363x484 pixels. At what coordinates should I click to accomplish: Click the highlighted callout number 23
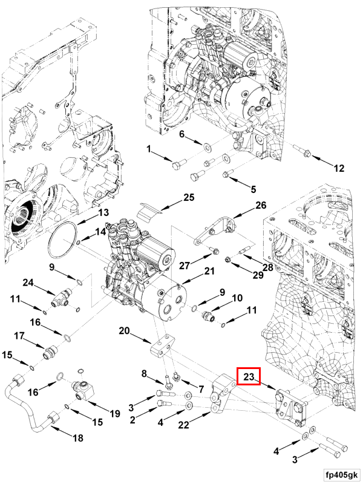click(249, 376)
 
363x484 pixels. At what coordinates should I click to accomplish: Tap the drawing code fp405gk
click(341, 475)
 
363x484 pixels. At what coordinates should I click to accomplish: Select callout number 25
click(189, 197)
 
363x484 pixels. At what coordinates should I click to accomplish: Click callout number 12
click(339, 168)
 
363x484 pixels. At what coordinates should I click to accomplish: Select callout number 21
click(209, 271)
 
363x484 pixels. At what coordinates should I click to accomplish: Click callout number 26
click(261, 205)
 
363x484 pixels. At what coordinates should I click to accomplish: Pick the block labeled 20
click(163, 347)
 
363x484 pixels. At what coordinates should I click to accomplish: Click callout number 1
click(149, 149)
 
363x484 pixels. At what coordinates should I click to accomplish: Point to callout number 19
click(115, 414)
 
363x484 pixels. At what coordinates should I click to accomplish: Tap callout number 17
click(19, 336)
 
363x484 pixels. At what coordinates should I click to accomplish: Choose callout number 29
click(258, 275)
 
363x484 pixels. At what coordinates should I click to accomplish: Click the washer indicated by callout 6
click(206, 145)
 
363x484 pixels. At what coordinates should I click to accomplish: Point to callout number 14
click(100, 232)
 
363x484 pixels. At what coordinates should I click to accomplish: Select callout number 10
click(237, 298)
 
